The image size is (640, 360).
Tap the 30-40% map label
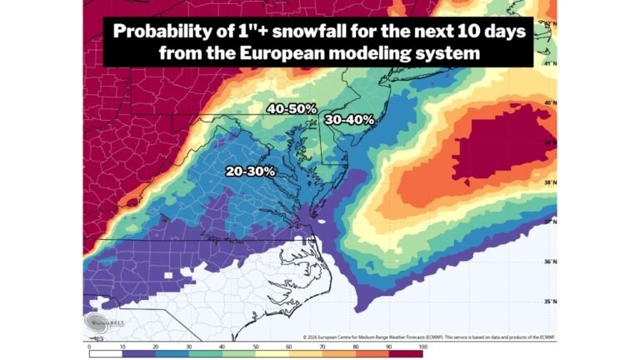pos(349,119)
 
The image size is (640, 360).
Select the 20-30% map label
pos(251,171)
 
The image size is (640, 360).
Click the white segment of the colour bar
pos(105,352)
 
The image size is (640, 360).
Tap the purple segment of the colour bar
pos(138,352)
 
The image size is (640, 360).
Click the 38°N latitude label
pos(549,182)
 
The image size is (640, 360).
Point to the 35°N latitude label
pos(549,302)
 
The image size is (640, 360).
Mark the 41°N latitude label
pos(549,63)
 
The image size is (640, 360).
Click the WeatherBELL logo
pos(95,326)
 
